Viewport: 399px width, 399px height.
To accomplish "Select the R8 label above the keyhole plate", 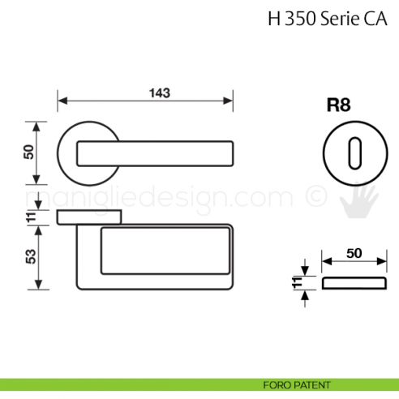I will coord(337,105).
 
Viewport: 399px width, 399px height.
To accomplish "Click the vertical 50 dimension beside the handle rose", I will coord(29,152).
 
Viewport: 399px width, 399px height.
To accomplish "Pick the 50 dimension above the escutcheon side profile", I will coord(354,253).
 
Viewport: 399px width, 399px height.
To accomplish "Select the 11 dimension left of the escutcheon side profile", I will coord(297,283).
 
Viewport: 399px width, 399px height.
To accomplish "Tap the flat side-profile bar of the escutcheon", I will coord(353,282).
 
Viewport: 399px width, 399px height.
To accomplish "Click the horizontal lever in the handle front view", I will coord(154,152).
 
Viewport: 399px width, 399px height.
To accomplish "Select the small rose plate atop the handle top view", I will coord(89,216).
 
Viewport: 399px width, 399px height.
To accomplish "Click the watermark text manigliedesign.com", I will coord(162,197).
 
